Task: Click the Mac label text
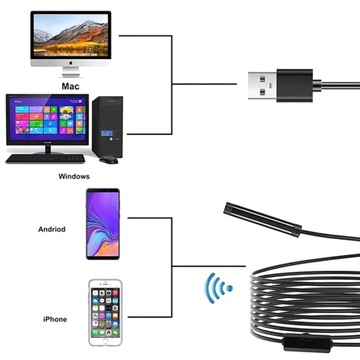click(x=69, y=86)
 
